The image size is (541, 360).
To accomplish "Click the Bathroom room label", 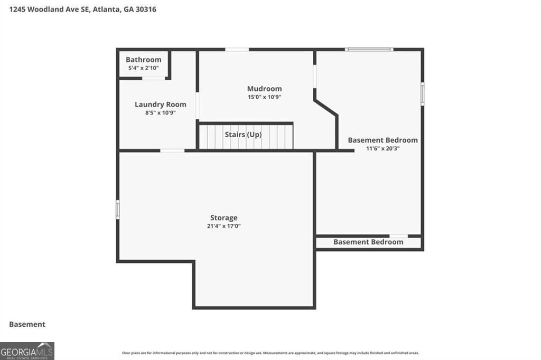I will coord(143,60).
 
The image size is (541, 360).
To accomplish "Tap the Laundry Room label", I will coord(160,105).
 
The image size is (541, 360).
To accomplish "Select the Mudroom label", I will coord(264,89).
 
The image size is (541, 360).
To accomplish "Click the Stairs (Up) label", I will coord(243,135).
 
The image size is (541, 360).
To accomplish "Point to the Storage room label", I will coord(223,217).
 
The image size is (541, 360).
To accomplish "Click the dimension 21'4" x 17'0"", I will coord(223,226).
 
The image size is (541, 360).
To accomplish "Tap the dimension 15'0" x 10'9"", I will coord(264,97).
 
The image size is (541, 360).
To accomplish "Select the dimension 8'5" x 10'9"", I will coord(160,113).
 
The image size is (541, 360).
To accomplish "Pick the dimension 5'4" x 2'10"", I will coord(143,68).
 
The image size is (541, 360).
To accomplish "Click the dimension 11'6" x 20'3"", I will coord(383,149).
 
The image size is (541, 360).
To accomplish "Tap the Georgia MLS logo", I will coord(27,351).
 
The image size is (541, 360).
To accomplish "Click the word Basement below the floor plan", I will coord(27,325).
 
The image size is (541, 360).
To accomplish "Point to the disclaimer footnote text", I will coord(270,353).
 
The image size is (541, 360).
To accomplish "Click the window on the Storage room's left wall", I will coord(117,209).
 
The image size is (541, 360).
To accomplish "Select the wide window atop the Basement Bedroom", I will coord(369,50).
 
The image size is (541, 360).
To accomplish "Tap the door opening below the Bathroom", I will coord(154,79).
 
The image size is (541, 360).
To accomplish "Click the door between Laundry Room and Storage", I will coord(172,151).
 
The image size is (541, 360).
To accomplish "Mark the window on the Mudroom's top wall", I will coord(237,50).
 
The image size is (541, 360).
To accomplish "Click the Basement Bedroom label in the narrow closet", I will coord(368,242).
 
